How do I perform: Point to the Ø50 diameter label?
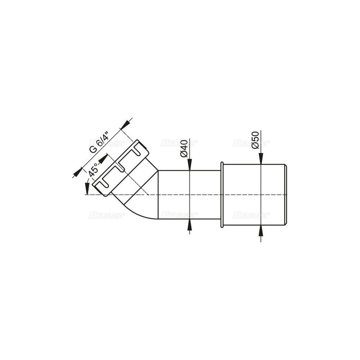coord(255,140)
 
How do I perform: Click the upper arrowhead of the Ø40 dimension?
coord(189,165)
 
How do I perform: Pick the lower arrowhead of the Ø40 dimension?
coord(189,224)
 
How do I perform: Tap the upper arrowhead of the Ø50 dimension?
coord(261,159)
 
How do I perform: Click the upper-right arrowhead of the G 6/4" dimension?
coord(125,125)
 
